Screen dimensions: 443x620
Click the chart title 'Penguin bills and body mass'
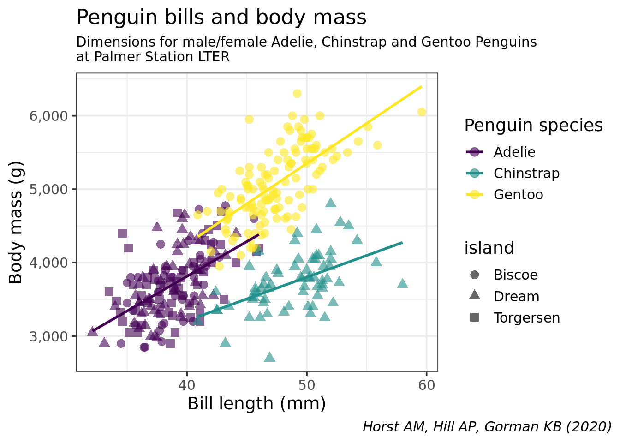click(x=221, y=18)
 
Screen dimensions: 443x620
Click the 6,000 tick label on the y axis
click(x=49, y=116)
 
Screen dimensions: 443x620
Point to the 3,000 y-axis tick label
click(x=49, y=336)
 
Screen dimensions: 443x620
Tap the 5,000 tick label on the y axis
click(x=49, y=189)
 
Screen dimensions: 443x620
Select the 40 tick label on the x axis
click(x=187, y=385)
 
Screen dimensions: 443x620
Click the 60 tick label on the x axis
click(x=426, y=385)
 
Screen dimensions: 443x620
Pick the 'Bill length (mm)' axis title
click(x=256, y=404)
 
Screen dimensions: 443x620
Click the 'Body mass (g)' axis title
click(x=16, y=222)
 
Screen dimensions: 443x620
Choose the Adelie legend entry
click(x=514, y=152)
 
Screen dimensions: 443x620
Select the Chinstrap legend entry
click(x=526, y=174)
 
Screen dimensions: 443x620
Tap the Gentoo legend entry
click(x=518, y=195)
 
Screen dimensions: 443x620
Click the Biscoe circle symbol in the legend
click(x=474, y=275)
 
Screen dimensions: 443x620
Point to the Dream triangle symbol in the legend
click(x=474, y=296)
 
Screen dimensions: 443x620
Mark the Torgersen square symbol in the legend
click(x=474, y=317)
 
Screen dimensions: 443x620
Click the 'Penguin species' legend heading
click(x=533, y=126)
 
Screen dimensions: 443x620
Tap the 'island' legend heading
click(x=489, y=248)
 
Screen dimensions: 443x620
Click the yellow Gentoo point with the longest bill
click(x=422, y=112)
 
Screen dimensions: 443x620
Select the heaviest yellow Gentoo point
click(x=297, y=94)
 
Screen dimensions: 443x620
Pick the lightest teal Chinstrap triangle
click(x=270, y=357)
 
